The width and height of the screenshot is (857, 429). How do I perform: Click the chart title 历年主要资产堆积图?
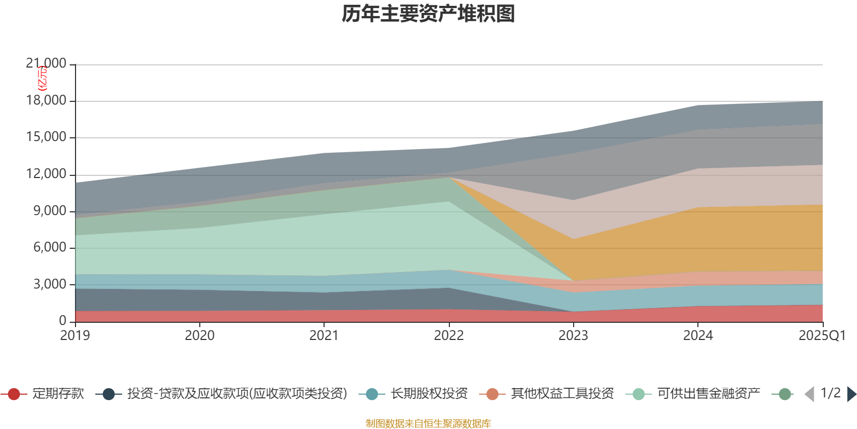[x=428, y=14]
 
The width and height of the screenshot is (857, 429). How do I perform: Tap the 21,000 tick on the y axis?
[x=46, y=64]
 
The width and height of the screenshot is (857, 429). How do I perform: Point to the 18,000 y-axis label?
[x=46, y=101]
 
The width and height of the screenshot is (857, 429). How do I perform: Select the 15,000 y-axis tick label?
[x=46, y=137]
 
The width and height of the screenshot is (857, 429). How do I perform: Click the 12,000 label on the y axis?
[x=46, y=174]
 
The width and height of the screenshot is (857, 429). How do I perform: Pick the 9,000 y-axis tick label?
[x=50, y=211]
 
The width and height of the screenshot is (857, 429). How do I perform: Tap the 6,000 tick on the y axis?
[x=50, y=248]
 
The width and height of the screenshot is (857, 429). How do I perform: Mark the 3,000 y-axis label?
[x=50, y=284]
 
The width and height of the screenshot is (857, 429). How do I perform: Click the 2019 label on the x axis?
[x=75, y=336]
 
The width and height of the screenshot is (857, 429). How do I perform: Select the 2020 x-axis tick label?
[x=200, y=336]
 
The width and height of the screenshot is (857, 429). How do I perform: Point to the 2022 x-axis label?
[x=449, y=336]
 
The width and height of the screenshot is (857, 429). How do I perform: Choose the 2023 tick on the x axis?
[x=573, y=336]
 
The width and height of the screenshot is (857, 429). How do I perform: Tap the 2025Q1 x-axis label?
[x=822, y=336]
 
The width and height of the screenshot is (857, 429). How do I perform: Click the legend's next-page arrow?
[x=851, y=394]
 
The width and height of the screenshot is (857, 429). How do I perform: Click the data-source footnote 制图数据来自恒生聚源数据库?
[x=428, y=424]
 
